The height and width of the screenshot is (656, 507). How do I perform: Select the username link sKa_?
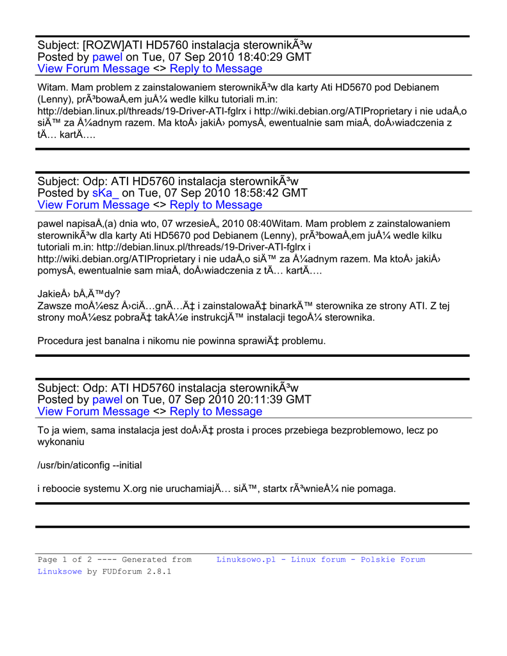coord(105,193)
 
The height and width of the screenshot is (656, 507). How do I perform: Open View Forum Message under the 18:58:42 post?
coord(94,205)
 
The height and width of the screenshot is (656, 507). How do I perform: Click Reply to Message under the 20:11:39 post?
coord(216,411)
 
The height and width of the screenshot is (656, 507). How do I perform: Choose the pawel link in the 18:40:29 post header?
coord(108,57)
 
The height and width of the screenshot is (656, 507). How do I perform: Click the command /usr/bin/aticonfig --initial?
coord(90,465)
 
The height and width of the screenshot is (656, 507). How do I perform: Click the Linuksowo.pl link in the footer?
coord(245,559)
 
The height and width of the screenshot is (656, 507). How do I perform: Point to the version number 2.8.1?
coord(159,571)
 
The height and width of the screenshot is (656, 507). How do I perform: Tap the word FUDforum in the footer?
coord(123,571)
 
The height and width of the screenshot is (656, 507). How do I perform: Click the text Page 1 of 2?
coord(60,559)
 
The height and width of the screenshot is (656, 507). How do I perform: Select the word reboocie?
coord(65,489)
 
